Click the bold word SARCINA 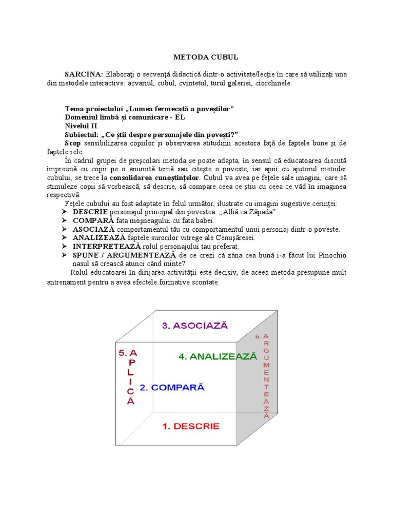pos(84,74)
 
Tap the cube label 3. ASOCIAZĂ pos(194,325)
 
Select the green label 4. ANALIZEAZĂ pos(218,357)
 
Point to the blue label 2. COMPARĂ pos(172,388)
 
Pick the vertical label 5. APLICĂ pos(130,377)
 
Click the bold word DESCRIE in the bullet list pos(90,212)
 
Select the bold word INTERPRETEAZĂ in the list pos(106,247)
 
